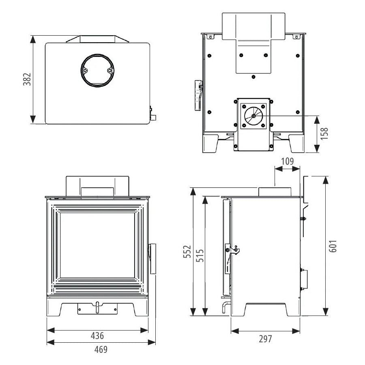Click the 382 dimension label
pos(27,79)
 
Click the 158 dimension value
pos(324,133)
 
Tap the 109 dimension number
pos(287,161)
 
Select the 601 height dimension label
pos(333,246)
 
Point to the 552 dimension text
pos(187,251)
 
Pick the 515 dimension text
pos(200,255)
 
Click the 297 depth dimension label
pos(265,339)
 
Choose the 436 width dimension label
pos(97,336)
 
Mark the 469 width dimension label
pos(101,350)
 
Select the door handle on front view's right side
pos(153,259)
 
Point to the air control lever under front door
pos(97,308)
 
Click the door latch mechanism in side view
pos(232,250)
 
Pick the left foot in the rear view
pos(210,143)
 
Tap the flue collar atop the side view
pos(275,191)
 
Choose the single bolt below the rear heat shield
pos(253,77)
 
